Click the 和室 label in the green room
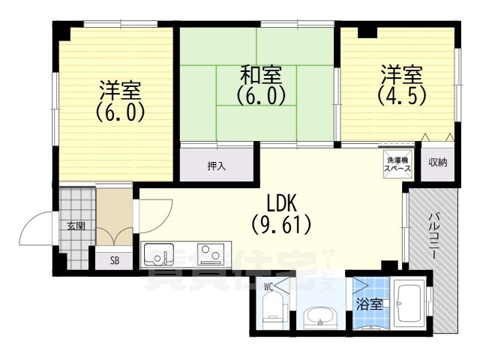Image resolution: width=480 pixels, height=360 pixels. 260,75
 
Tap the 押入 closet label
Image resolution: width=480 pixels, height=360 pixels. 217,165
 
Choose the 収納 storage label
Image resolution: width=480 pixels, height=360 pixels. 438,162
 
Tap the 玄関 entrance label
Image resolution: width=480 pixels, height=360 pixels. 76,226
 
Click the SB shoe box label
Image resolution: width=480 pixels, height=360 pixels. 115,260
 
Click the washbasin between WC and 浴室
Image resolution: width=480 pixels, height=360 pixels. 320,319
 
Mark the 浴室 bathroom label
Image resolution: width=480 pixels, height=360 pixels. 370,304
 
